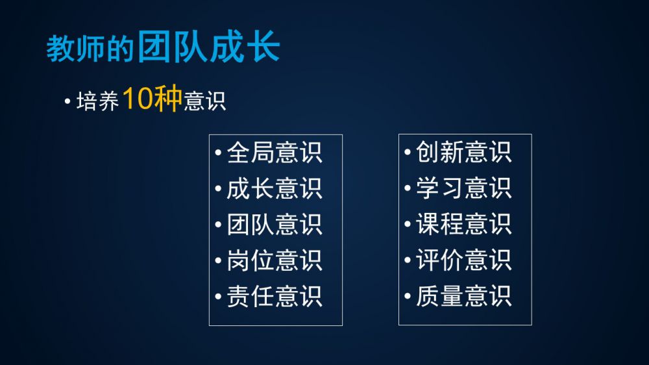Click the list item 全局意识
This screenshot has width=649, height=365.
pyautogui.click(x=274, y=153)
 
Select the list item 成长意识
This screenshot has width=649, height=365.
pyautogui.click(x=274, y=189)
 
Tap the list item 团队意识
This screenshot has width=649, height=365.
pyautogui.click(x=274, y=225)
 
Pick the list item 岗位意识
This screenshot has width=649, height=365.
pyautogui.click(x=274, y=260)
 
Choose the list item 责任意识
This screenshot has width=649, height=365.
pyautogui.click(x=274, y=296)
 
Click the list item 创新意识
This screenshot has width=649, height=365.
pyautogui.click(x=463, y=152)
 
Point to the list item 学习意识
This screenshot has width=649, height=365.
pyautogui.click(x=463, y=188)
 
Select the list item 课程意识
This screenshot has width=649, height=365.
pyautogui.click(x=463, y=224)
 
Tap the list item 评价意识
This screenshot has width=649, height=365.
pyautogui.click(x=463, y=260)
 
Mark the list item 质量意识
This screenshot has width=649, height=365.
pyautogui.click(x=463, y=296)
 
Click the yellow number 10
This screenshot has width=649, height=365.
pyautogui.click(x=138, y=99)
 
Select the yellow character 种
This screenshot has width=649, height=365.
pyautogui.click(x=168, y=99)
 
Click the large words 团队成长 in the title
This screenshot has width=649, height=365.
pyautogui.click(x=209, y=46)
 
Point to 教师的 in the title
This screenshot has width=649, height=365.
pyautogui.click(x=90, y=49)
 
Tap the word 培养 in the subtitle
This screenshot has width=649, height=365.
pyautogui.click(x=98, y=101)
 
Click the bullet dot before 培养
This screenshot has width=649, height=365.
pyautogui.click(x=67, y=101)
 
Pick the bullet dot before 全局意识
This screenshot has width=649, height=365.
pyautogui.click(x=219, y=153)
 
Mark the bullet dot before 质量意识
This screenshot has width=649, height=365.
pyautogui.click(x=408, y=296)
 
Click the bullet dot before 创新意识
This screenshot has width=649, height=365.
pyautogui.click(x=408, y=152)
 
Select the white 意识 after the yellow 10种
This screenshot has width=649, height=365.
pyautogui.click(x=205, y=101)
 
